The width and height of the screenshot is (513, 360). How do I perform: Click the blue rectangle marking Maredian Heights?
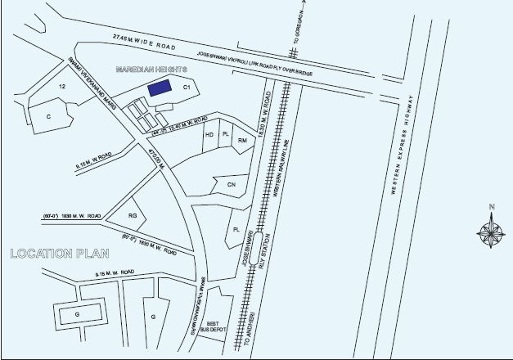coord(160,88)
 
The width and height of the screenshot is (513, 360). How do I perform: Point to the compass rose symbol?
coord(491,232)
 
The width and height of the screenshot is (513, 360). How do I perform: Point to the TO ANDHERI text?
coord(251,328)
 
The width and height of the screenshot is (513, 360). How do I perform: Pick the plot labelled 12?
coord(61,84)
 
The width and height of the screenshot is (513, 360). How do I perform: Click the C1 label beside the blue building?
coord(187,85)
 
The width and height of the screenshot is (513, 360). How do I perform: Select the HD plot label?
coord(209,134)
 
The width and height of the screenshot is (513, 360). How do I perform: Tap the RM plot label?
coord(242,141)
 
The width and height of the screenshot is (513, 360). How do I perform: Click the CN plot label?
coord(231,186)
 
